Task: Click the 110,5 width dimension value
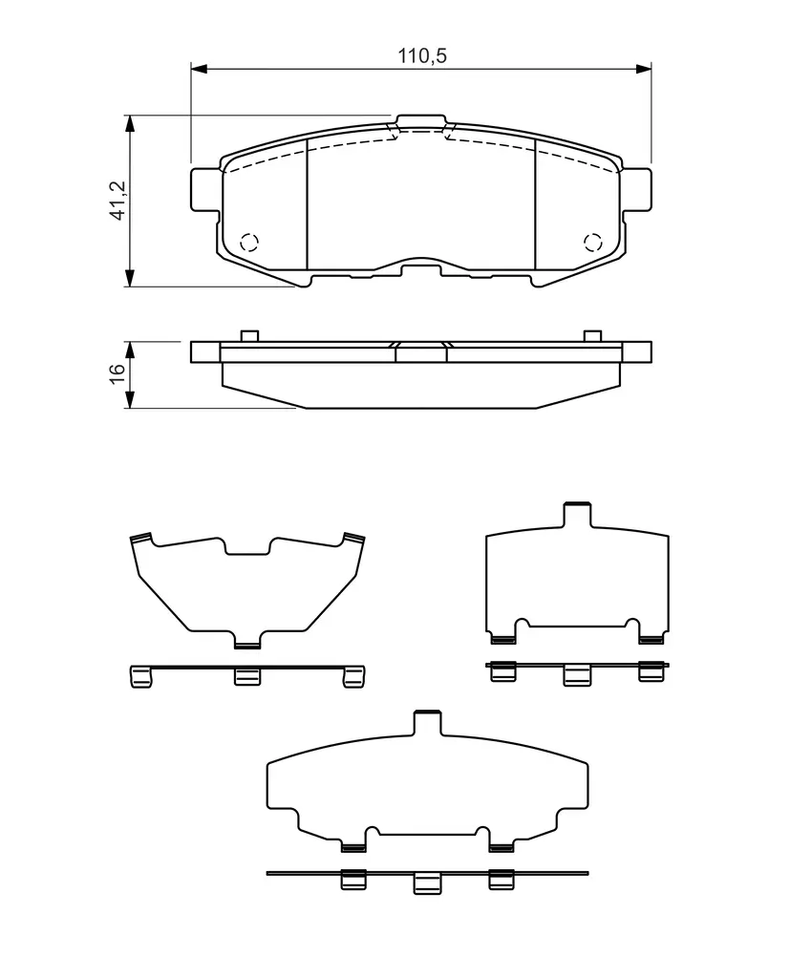pyautogui.click(x=422, y=55)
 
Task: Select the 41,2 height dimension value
pyautogui.click(x=117, y=200)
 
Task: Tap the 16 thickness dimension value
pyautogui.click(x=117, y=373)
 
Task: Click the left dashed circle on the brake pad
pyautogui.click(x=249, y=242)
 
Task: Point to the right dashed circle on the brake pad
pyautogui.click(x=592, y=242)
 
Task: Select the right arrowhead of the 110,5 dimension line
pyautogui.click(x=643, y=68)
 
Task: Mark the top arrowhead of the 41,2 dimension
pyautogui.click(x=130, y=123)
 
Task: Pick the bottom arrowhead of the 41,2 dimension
pyautogui.click(x=130, y=278)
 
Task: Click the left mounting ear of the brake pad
pyautogui.click(x=205, y=189)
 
